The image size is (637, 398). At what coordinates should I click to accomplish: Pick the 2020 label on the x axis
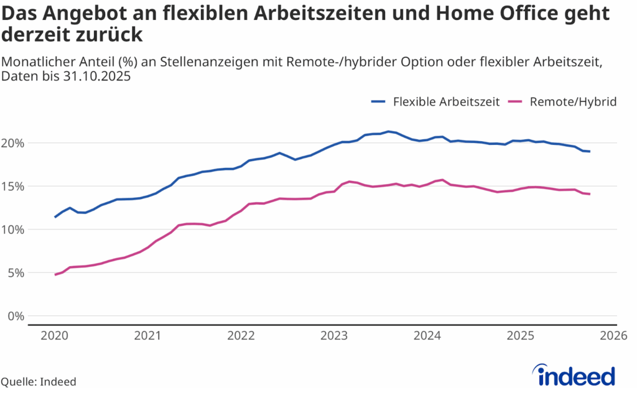55,336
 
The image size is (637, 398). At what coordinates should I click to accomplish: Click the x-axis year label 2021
148,336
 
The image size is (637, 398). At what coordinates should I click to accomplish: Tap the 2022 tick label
241,336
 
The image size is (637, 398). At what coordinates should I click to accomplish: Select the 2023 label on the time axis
334,336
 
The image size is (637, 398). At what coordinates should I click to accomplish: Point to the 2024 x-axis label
427,336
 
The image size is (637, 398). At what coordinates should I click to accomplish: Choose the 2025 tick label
521,336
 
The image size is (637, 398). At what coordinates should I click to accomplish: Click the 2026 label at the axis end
613,336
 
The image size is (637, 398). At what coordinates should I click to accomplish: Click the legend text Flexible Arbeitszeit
446,102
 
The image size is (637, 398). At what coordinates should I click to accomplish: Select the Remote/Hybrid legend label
573,102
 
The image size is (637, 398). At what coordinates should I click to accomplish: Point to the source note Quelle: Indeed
39,382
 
